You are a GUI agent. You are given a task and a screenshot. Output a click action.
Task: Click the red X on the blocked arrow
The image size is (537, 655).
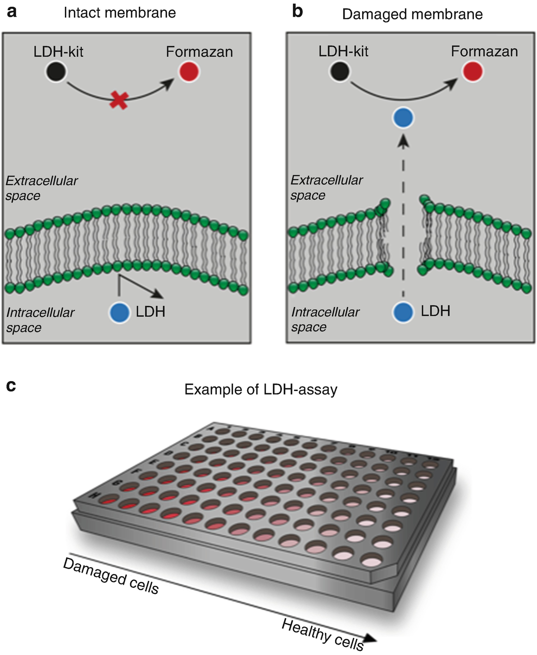click(x=119, y=100)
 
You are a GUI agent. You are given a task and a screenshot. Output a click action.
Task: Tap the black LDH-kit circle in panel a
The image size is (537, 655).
click(x=56, y=72)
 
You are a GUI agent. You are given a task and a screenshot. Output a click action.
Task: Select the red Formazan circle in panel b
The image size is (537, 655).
click(x=473, y=72)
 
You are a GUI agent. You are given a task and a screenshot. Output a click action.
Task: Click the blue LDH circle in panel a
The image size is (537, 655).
click(x=120, y=312)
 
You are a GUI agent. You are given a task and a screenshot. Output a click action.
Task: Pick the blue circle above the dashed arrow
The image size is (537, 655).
click(x=403, y=118)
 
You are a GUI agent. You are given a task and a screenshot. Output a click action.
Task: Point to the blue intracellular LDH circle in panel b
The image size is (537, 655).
click(x=403, y=312)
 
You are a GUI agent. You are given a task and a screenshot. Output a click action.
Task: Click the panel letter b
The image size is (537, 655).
click(x=297, y=11)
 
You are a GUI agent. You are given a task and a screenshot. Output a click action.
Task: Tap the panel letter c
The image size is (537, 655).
click(x=11, y=386)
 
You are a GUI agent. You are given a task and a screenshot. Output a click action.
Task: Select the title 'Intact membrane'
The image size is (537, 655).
click(x=119, y=13)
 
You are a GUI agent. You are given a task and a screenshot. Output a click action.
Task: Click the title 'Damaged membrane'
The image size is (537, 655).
click(x=412, y=14)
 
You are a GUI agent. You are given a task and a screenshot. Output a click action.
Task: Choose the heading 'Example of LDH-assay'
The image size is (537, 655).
click(x=260, y=389)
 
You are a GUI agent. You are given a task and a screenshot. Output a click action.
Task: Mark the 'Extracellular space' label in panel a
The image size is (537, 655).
click(x=41, y=188)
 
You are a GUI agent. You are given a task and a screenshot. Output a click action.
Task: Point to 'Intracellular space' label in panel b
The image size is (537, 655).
click(x=325, y=319)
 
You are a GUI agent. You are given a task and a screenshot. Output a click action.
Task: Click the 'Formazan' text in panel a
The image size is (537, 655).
click(x=199, y=52)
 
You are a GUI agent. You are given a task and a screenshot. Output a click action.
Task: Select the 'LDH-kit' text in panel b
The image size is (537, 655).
click(x=343, y=51)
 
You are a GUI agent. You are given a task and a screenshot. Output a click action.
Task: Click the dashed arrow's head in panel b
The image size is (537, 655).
click(x=403, y=141)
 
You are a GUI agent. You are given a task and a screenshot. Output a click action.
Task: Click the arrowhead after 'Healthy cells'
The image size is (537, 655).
click(x=370, y=638)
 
